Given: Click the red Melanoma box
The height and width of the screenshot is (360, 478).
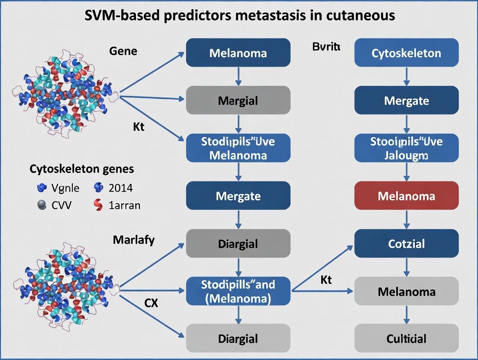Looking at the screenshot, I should click(406, 196).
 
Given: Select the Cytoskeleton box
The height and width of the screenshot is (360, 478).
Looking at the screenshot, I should click(406, 53).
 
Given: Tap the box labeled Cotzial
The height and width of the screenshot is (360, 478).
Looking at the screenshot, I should click(406, 244).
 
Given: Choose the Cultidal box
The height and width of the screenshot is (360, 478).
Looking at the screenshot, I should click(406, 338).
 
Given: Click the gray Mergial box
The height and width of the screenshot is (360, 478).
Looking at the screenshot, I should click(238, 101).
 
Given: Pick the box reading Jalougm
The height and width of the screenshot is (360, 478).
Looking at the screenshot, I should click(406, 148).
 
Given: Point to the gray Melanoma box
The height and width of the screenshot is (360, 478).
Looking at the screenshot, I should click(406, 291).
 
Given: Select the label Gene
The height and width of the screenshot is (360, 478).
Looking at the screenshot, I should click(123, 51).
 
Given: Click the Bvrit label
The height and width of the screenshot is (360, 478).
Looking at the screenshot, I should click(326, 47).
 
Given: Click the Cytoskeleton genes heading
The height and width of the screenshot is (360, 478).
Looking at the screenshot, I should click(82, 169).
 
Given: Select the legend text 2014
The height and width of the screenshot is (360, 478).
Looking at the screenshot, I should click(121, 188).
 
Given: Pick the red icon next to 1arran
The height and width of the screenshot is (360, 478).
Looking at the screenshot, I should click(98, 205).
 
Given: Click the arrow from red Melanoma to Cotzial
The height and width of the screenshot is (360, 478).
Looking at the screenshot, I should click(406, 220).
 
